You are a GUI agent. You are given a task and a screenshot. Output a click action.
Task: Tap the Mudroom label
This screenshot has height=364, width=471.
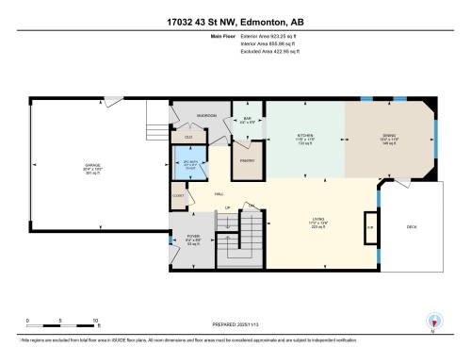[x=207, y=115]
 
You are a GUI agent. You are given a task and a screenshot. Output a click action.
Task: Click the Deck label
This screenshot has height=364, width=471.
[x=411, y=227]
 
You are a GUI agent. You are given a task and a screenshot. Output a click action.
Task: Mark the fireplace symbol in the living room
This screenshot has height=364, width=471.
[x=370, y=227]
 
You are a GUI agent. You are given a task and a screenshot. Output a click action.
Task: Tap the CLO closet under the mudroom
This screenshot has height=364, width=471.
[x=188, y=137]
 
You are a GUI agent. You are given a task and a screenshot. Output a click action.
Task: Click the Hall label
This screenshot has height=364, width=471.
[x=219, y=193]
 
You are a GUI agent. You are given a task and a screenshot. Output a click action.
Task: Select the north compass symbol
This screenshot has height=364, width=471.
[x=431, y=322]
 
